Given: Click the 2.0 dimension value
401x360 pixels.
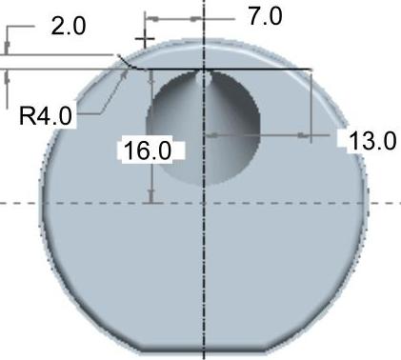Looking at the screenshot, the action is point(69,27).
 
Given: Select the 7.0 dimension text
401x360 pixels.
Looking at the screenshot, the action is point(266,16).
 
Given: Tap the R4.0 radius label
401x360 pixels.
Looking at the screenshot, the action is point(46,116).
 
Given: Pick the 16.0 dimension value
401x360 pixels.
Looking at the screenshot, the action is point(148,150).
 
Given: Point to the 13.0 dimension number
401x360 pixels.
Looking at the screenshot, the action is point(372,141).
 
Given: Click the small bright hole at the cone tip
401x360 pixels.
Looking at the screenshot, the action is point(204,78).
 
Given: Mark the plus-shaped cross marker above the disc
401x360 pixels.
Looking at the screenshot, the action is point(145,39).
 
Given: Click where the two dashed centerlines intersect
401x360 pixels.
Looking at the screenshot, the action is point(204,203).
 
